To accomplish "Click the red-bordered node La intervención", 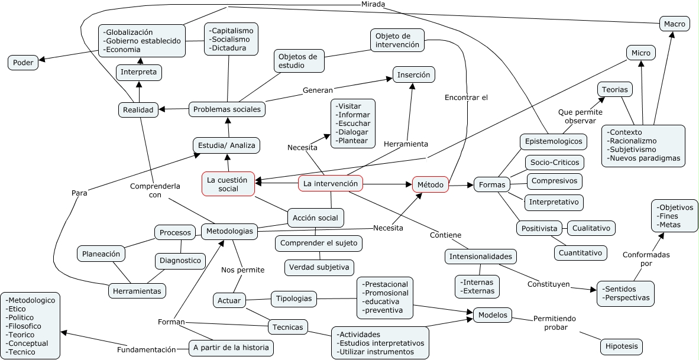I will pos(330,184).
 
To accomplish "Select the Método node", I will pos(430,185).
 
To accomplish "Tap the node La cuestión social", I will pos(228,184).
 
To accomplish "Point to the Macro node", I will pos(674,24).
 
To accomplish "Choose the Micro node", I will pos(640,53).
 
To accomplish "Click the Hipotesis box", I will pos(620,346).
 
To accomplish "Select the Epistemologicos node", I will pos(554,141).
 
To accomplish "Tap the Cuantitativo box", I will pos(581,252).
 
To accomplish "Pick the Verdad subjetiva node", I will pos(319,268).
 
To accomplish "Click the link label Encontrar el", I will pos(466,98).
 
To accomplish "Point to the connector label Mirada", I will pos(373,4).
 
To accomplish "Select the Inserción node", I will pos(414,75).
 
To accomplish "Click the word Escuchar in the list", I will pos(353,124).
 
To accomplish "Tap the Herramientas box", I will pos(137,291).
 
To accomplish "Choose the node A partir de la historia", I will pos(231,348).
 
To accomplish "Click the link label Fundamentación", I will pos(146,349).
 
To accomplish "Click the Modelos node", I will pos(493,315).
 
